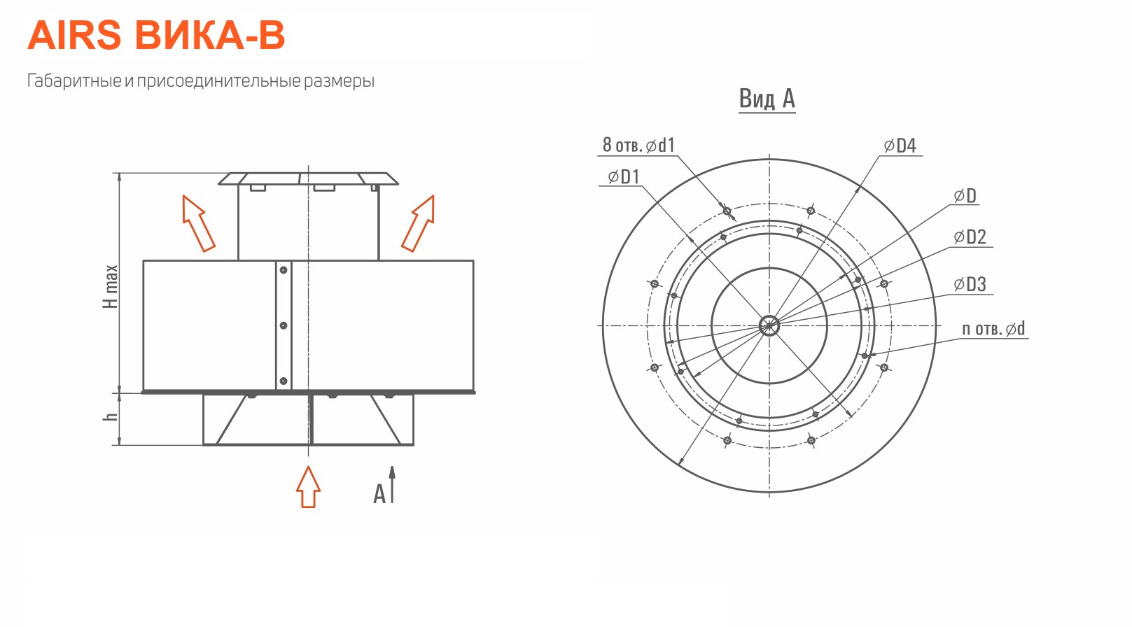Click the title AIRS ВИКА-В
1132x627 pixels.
(156, 35)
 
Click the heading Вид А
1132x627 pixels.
(767, 99)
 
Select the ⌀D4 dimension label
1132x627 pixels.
(900, 146)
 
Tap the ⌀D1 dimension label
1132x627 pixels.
(624, 177)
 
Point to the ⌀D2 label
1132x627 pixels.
(970, 237)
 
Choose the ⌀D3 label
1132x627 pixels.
(970, 284)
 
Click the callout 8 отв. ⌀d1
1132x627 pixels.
(638, 145)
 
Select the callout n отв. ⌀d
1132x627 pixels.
(993, 329)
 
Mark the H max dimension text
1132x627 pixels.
(110, 286)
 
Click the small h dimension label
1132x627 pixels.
(110, 417)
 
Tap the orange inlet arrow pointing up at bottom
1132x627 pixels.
(308, 486)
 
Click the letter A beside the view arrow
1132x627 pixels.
(379, 494)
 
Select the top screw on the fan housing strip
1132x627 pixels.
(284, 270)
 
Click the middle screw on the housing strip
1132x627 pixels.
(284, 325)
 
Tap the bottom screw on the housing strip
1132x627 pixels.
(284, 381)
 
